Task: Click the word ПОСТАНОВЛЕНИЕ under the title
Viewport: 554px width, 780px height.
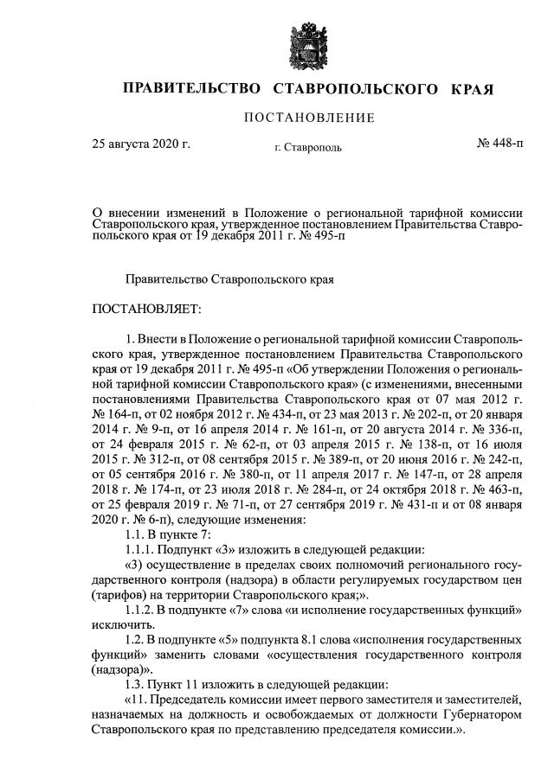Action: [x=308, y=118]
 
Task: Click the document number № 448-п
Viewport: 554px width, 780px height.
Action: [x=499, y=144]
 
